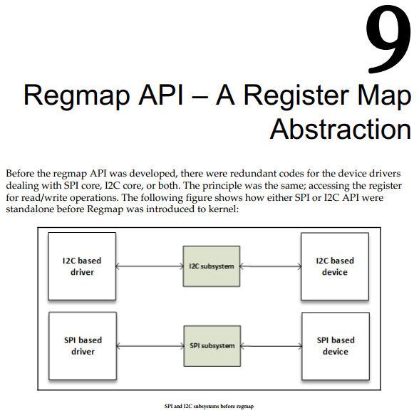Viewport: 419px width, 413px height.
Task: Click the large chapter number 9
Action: click(x=388, y=39)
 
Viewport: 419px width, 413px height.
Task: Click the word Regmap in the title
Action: click(x=77, y=96)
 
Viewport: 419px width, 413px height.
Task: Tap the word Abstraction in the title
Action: click(x=341, y=130)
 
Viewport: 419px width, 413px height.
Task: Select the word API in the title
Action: click(x=161, y=95)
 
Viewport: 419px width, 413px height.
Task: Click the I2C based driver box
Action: click(x=82, y=266)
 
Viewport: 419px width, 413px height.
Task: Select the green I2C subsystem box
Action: click(x=212, y=266)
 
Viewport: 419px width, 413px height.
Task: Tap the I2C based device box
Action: click(x=335, y=266)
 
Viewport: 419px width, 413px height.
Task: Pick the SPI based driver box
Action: click(x=83, y=346)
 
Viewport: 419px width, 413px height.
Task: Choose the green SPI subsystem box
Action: click(x=212, y=346)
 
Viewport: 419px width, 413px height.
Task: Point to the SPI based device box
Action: click(x=336, y=346)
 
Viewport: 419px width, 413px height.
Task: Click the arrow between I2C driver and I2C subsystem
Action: click(x=150, y=266)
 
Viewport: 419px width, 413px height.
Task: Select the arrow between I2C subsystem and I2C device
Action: click(x=271, y=266)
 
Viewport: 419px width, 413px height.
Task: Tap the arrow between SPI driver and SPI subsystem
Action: click(x=150, y=346)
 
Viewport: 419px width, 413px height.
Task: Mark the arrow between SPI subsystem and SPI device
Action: click(x=271, y=346)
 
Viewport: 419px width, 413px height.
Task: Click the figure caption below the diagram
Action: click(x=209, y=407)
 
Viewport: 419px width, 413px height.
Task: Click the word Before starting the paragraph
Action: click(x=20, y=174)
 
